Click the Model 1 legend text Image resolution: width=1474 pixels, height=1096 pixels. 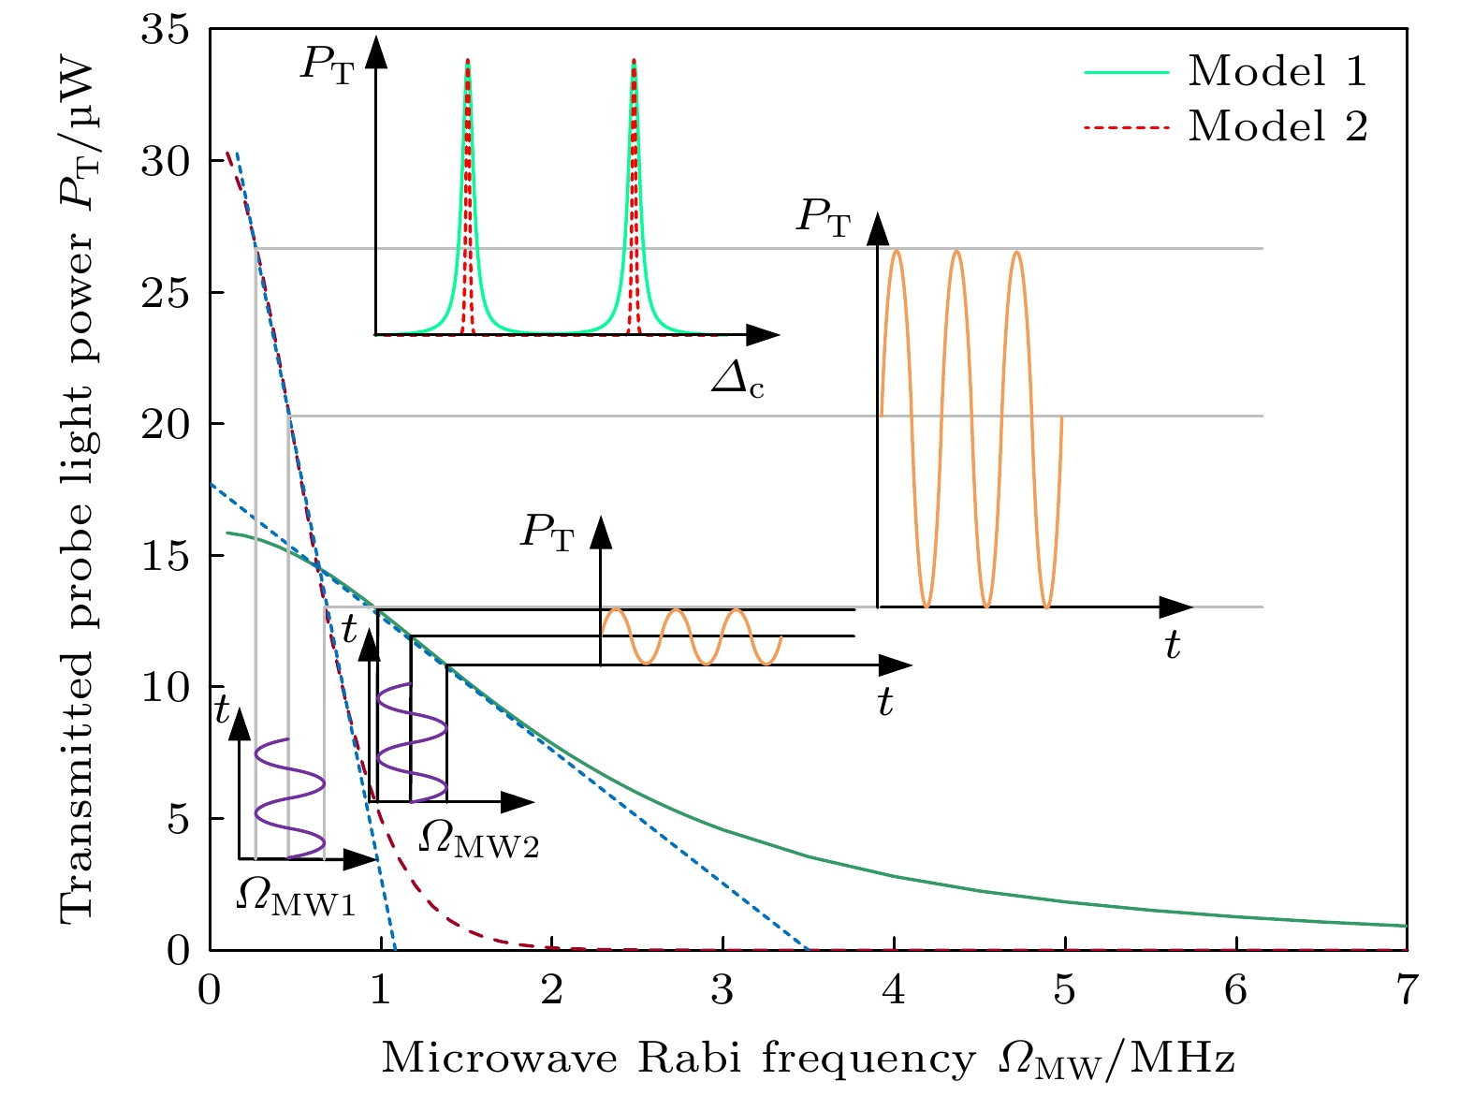1277,71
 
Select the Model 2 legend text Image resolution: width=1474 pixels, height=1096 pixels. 1277,125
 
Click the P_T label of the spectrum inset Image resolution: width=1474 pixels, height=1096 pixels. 328,65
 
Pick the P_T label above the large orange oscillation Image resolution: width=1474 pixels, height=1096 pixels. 824,217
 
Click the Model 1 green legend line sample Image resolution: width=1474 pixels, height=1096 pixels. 1127,72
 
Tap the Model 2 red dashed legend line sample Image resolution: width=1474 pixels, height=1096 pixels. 1127,126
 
